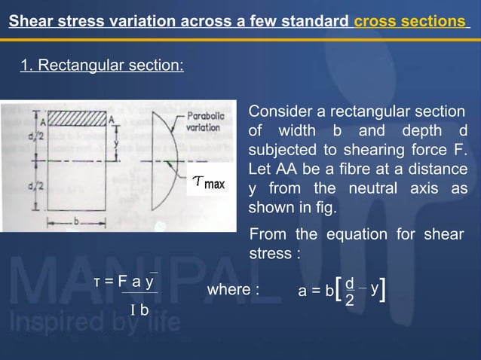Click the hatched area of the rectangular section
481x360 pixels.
coord(77,117)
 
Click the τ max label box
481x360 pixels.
coord(208,183)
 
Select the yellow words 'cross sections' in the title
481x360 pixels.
coord(410,22)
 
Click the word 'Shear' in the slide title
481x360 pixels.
coord(30,22)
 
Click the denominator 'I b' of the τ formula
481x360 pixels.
coord(139,310)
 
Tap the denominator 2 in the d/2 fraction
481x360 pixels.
coord(349,301)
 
